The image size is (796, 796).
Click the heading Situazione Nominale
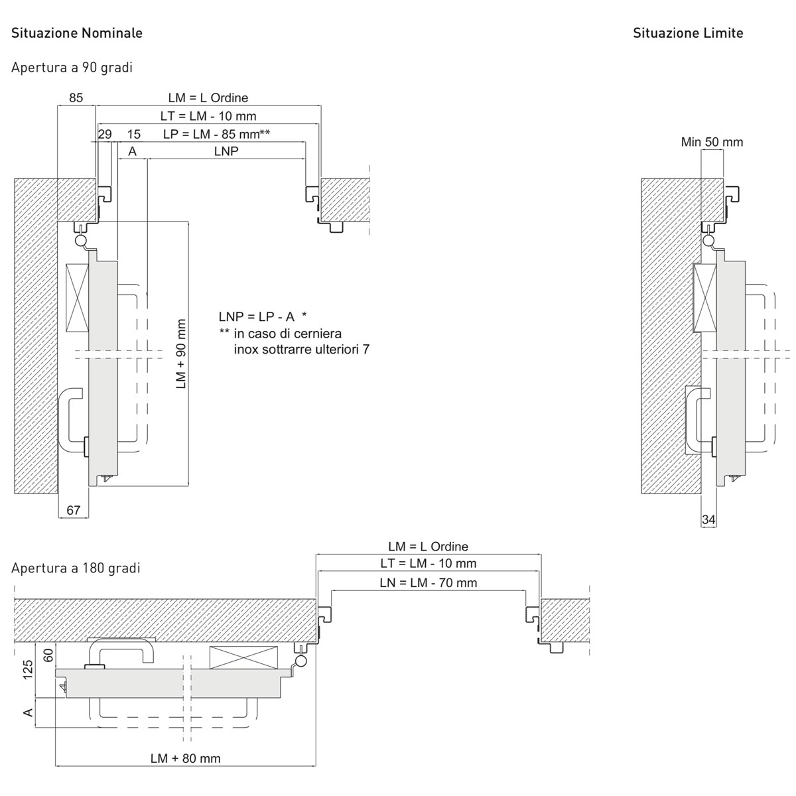click(x=77, y=33)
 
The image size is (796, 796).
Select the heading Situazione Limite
click(x=688, y=33)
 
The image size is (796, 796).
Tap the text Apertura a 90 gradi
click(x=72, y=68)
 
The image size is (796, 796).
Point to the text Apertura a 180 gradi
click(x=76, y=568)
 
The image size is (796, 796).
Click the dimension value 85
click(x=76, y=98)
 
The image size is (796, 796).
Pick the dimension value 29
click(x=105, y=134)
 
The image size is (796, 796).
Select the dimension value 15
click(x=134, y=134)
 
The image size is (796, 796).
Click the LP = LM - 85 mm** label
click(x=216, y=134)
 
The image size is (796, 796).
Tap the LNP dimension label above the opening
click(x=226, y=151)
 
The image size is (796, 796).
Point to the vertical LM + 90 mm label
click(x=181, y=354)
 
